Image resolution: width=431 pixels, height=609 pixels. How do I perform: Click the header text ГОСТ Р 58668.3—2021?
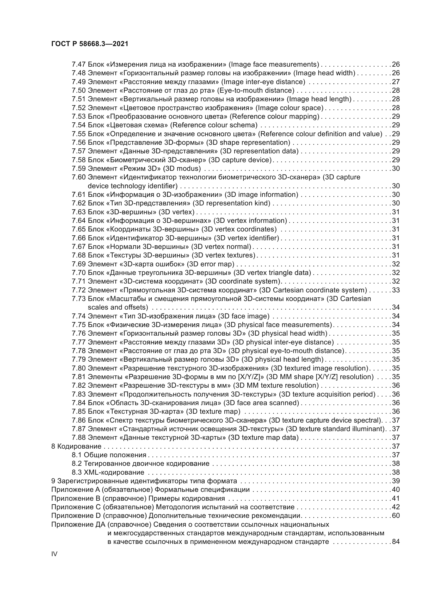[x=90, y=44]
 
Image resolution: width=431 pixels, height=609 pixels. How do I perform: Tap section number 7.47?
[x=78, y=65]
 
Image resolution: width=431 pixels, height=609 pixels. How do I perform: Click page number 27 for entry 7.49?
[x=396, y=82]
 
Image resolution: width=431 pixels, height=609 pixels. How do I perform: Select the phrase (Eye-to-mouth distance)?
[x=256, y=90]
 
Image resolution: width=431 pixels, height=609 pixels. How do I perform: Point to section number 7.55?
[x=78, y=134]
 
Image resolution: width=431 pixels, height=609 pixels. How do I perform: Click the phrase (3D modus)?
[x=182, y=169]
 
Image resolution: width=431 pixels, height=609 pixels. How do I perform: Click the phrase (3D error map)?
[x=211, y=264]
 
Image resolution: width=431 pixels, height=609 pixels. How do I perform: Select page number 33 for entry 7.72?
[x=396, y=290]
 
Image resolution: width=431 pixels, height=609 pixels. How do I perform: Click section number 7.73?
[x=78, y=299]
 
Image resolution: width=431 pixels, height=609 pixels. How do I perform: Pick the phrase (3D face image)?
[x=244, y=316]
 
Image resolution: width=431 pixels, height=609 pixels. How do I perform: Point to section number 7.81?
[x=78, y=377]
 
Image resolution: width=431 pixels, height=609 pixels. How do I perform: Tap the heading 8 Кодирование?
[x=76, y=447]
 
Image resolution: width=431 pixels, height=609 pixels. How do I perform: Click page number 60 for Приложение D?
[x=396, y=516]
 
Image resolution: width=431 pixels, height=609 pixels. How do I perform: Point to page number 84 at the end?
[x=396, y=542]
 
